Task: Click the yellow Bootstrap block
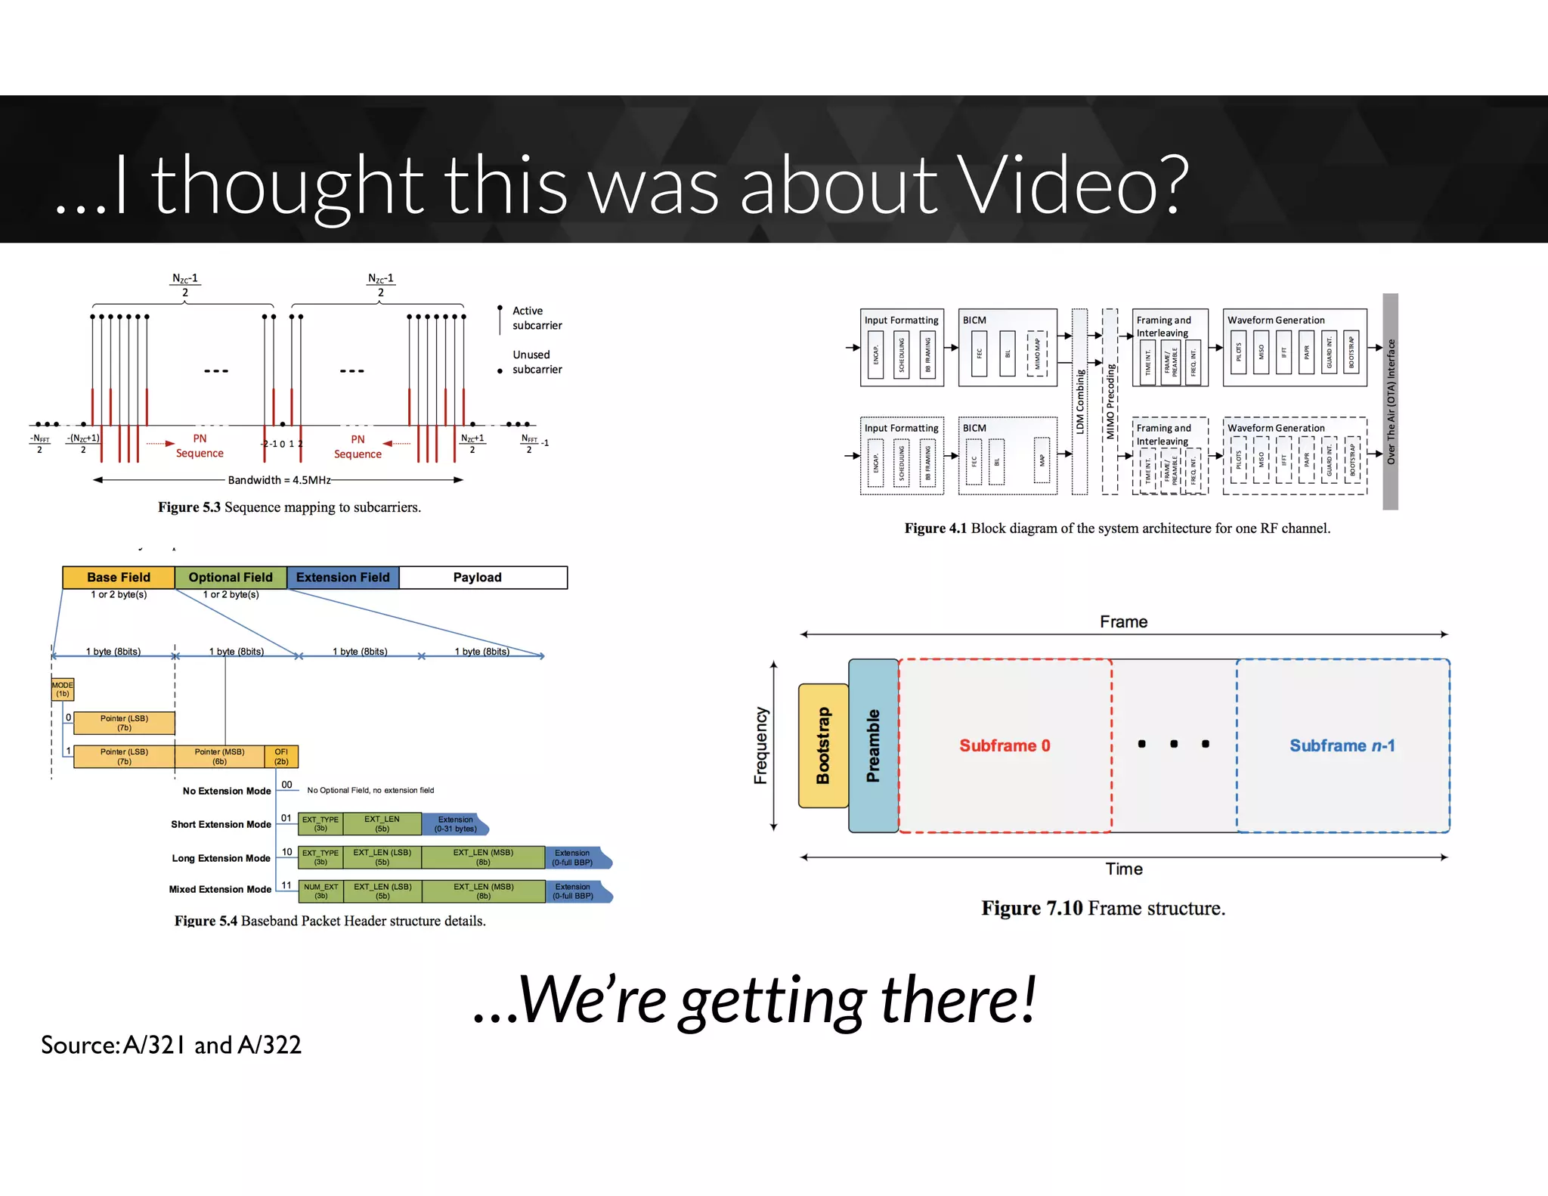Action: coord(823,745)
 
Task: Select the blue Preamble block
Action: coord(873,745)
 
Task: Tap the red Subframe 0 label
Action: coord(1005,745)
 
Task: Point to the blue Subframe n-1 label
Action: coord(1342,745)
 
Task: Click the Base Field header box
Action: coord(119,578)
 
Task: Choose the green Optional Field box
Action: coord(231,578)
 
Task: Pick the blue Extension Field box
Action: coord(343,578)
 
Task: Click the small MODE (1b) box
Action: coord(63,689)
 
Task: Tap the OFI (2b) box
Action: coord(281,757)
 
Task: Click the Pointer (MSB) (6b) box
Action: coord(219,757)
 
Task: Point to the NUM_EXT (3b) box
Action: coord(321,891)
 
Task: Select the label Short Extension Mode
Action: coord(221,824)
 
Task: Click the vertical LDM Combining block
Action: coord(1080,401)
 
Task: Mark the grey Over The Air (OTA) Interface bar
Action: coord(1390,401)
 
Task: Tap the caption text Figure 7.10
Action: coord(1032,908)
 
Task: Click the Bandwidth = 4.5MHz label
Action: coord(279,480)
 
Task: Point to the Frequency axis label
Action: coord(760,745)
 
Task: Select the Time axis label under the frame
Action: coord(1124,869)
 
